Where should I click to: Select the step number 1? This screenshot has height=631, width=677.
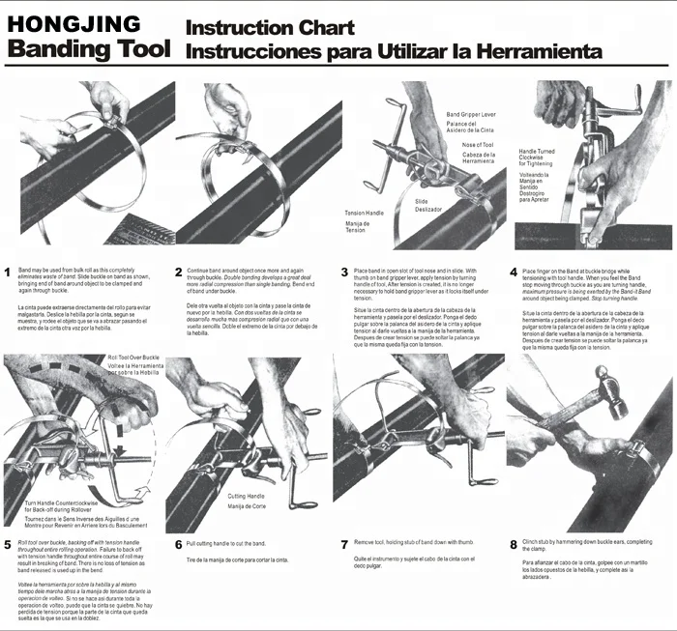pyautogui.click(x=8, y=272)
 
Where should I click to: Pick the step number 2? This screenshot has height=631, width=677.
pyautogui.click(x=178, y=272)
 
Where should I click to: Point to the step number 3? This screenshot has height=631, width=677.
pyautogui.click(x=345, y=272)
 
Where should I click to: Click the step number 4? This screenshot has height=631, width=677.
pyautogui.click(x=514, y=272)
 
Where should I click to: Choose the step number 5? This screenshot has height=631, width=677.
pyautogui.click(x=8, y=545)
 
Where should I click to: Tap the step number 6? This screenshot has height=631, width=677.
pyautogui.click(x=178, y=545)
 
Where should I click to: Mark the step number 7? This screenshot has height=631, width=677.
pyautogui.click(x=345, y=545)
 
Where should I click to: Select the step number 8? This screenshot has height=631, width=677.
pyautogui.click(x=514, y=545)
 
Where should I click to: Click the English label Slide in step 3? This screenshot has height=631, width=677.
pyautogui.click(x=422, y=201)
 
